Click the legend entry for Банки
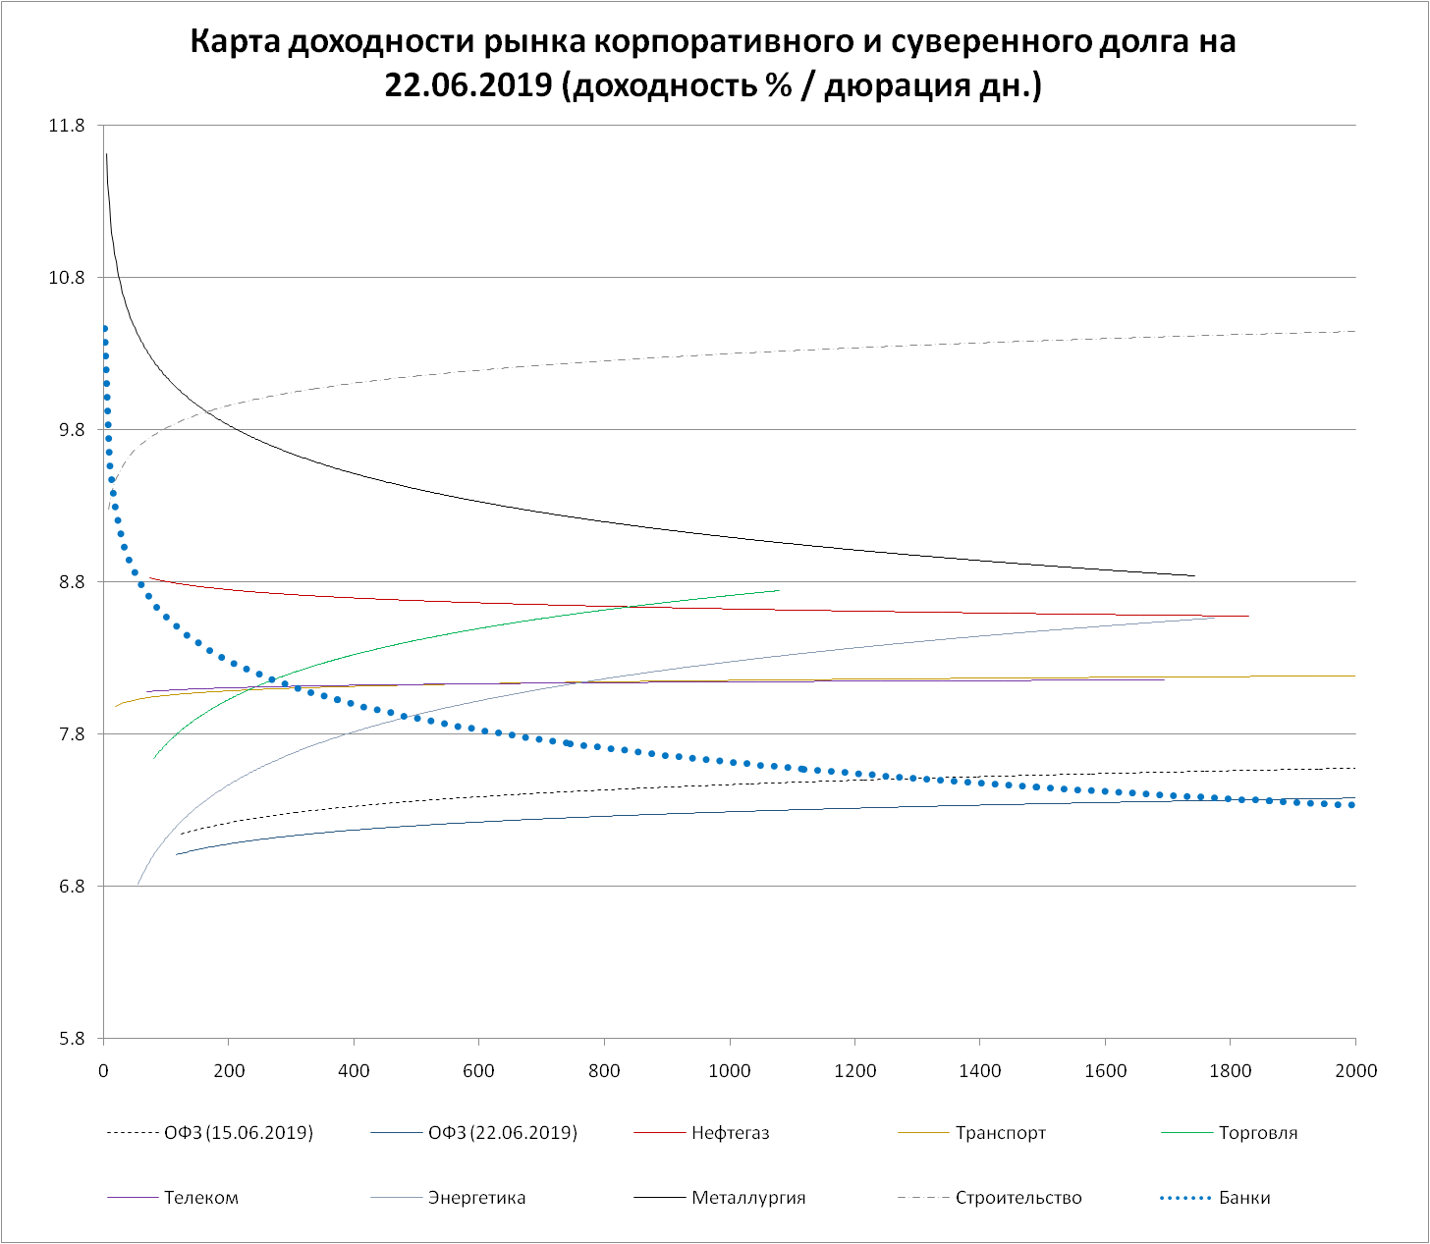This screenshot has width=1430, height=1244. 1244,1198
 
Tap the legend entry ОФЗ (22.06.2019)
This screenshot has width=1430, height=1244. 502,1133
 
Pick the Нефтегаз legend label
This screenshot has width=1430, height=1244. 730,1133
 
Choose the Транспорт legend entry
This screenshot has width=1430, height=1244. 1000,1133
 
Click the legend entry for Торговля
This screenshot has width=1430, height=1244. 1257,1133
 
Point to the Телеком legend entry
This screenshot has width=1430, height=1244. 200,1198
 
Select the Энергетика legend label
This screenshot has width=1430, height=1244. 476,1198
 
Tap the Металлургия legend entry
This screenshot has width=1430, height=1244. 748,1198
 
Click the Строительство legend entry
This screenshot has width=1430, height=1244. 1017,1198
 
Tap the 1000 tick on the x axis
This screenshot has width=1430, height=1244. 730,1070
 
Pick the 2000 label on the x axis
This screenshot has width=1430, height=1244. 1355,1070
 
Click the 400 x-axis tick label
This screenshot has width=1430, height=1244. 354,1070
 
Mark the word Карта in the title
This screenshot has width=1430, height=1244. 232,42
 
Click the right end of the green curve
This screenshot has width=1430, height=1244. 778,590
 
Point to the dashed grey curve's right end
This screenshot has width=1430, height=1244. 1354,331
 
